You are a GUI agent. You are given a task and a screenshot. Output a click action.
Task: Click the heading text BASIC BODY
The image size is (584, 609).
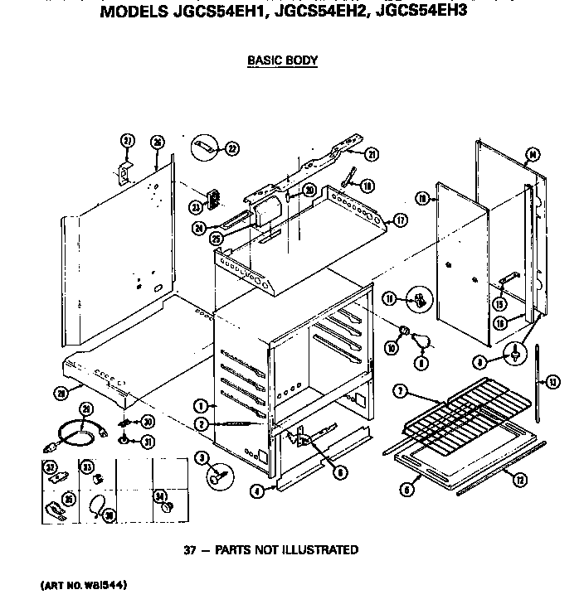point(283,60)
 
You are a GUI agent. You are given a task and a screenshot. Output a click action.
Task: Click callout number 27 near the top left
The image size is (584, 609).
point(127,142)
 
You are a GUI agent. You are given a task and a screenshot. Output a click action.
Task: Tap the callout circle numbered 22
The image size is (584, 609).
point(231,149)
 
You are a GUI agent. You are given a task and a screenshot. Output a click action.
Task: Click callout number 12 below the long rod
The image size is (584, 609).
point(520,481)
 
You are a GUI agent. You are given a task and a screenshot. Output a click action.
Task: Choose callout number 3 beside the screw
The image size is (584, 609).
point(200,458)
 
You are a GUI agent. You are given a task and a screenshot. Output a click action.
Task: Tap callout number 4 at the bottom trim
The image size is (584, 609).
point(257,491)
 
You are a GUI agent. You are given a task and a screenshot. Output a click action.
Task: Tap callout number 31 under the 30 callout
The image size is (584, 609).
point(147,441)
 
